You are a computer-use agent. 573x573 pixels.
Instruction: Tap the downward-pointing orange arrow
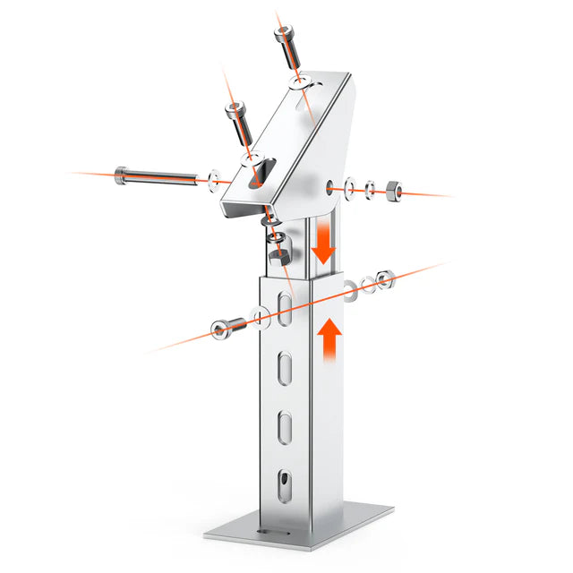coord(323,244)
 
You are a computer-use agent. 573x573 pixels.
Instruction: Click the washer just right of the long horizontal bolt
coord(212,179)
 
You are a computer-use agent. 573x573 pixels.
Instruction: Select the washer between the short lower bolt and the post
coord(259,315)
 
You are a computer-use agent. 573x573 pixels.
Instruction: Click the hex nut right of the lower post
coord(384,280)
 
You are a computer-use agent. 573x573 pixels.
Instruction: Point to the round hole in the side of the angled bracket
coord(333,187)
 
